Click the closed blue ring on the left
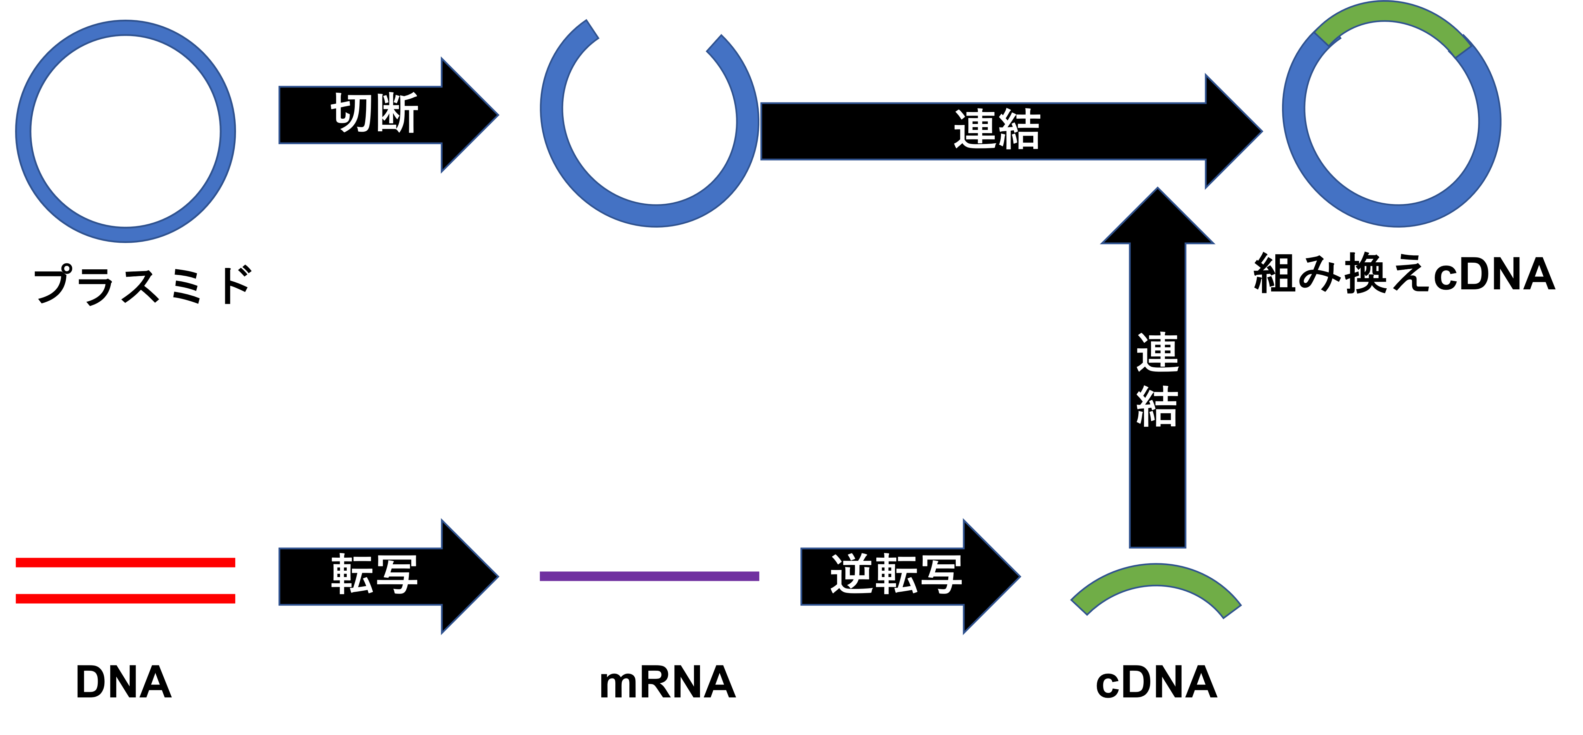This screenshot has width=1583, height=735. tap(23, 131)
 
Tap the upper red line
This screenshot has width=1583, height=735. tap(125, 562)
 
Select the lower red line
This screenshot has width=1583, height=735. tap(125, 598)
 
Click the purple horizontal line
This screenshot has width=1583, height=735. tap(649, 576)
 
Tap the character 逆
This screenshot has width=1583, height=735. tap(851, 574)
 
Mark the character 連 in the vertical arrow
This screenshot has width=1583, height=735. tap(1158, 352)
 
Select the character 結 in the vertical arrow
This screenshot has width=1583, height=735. tap(1158, 406)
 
